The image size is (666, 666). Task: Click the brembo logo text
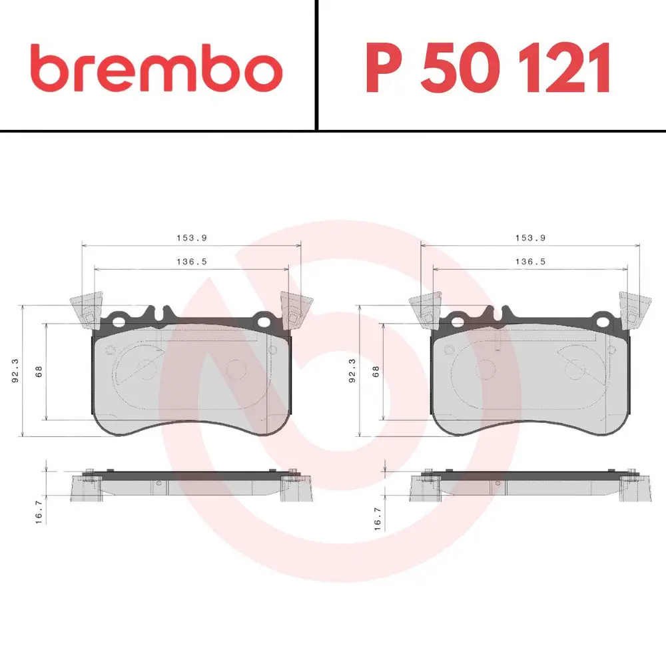point(157,68)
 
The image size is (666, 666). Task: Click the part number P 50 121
point(488,68)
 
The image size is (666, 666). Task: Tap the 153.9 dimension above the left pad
point(192,238)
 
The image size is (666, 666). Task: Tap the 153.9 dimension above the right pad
point(531,238)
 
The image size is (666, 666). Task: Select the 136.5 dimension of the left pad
point(192,262)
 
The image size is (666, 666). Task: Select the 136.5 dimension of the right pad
point(531,262)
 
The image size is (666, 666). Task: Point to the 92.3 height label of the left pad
point(15,371)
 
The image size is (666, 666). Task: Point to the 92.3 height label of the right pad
point(352,371)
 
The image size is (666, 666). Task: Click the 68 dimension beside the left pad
point(39,372)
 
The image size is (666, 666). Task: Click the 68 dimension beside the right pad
point(376,372)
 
